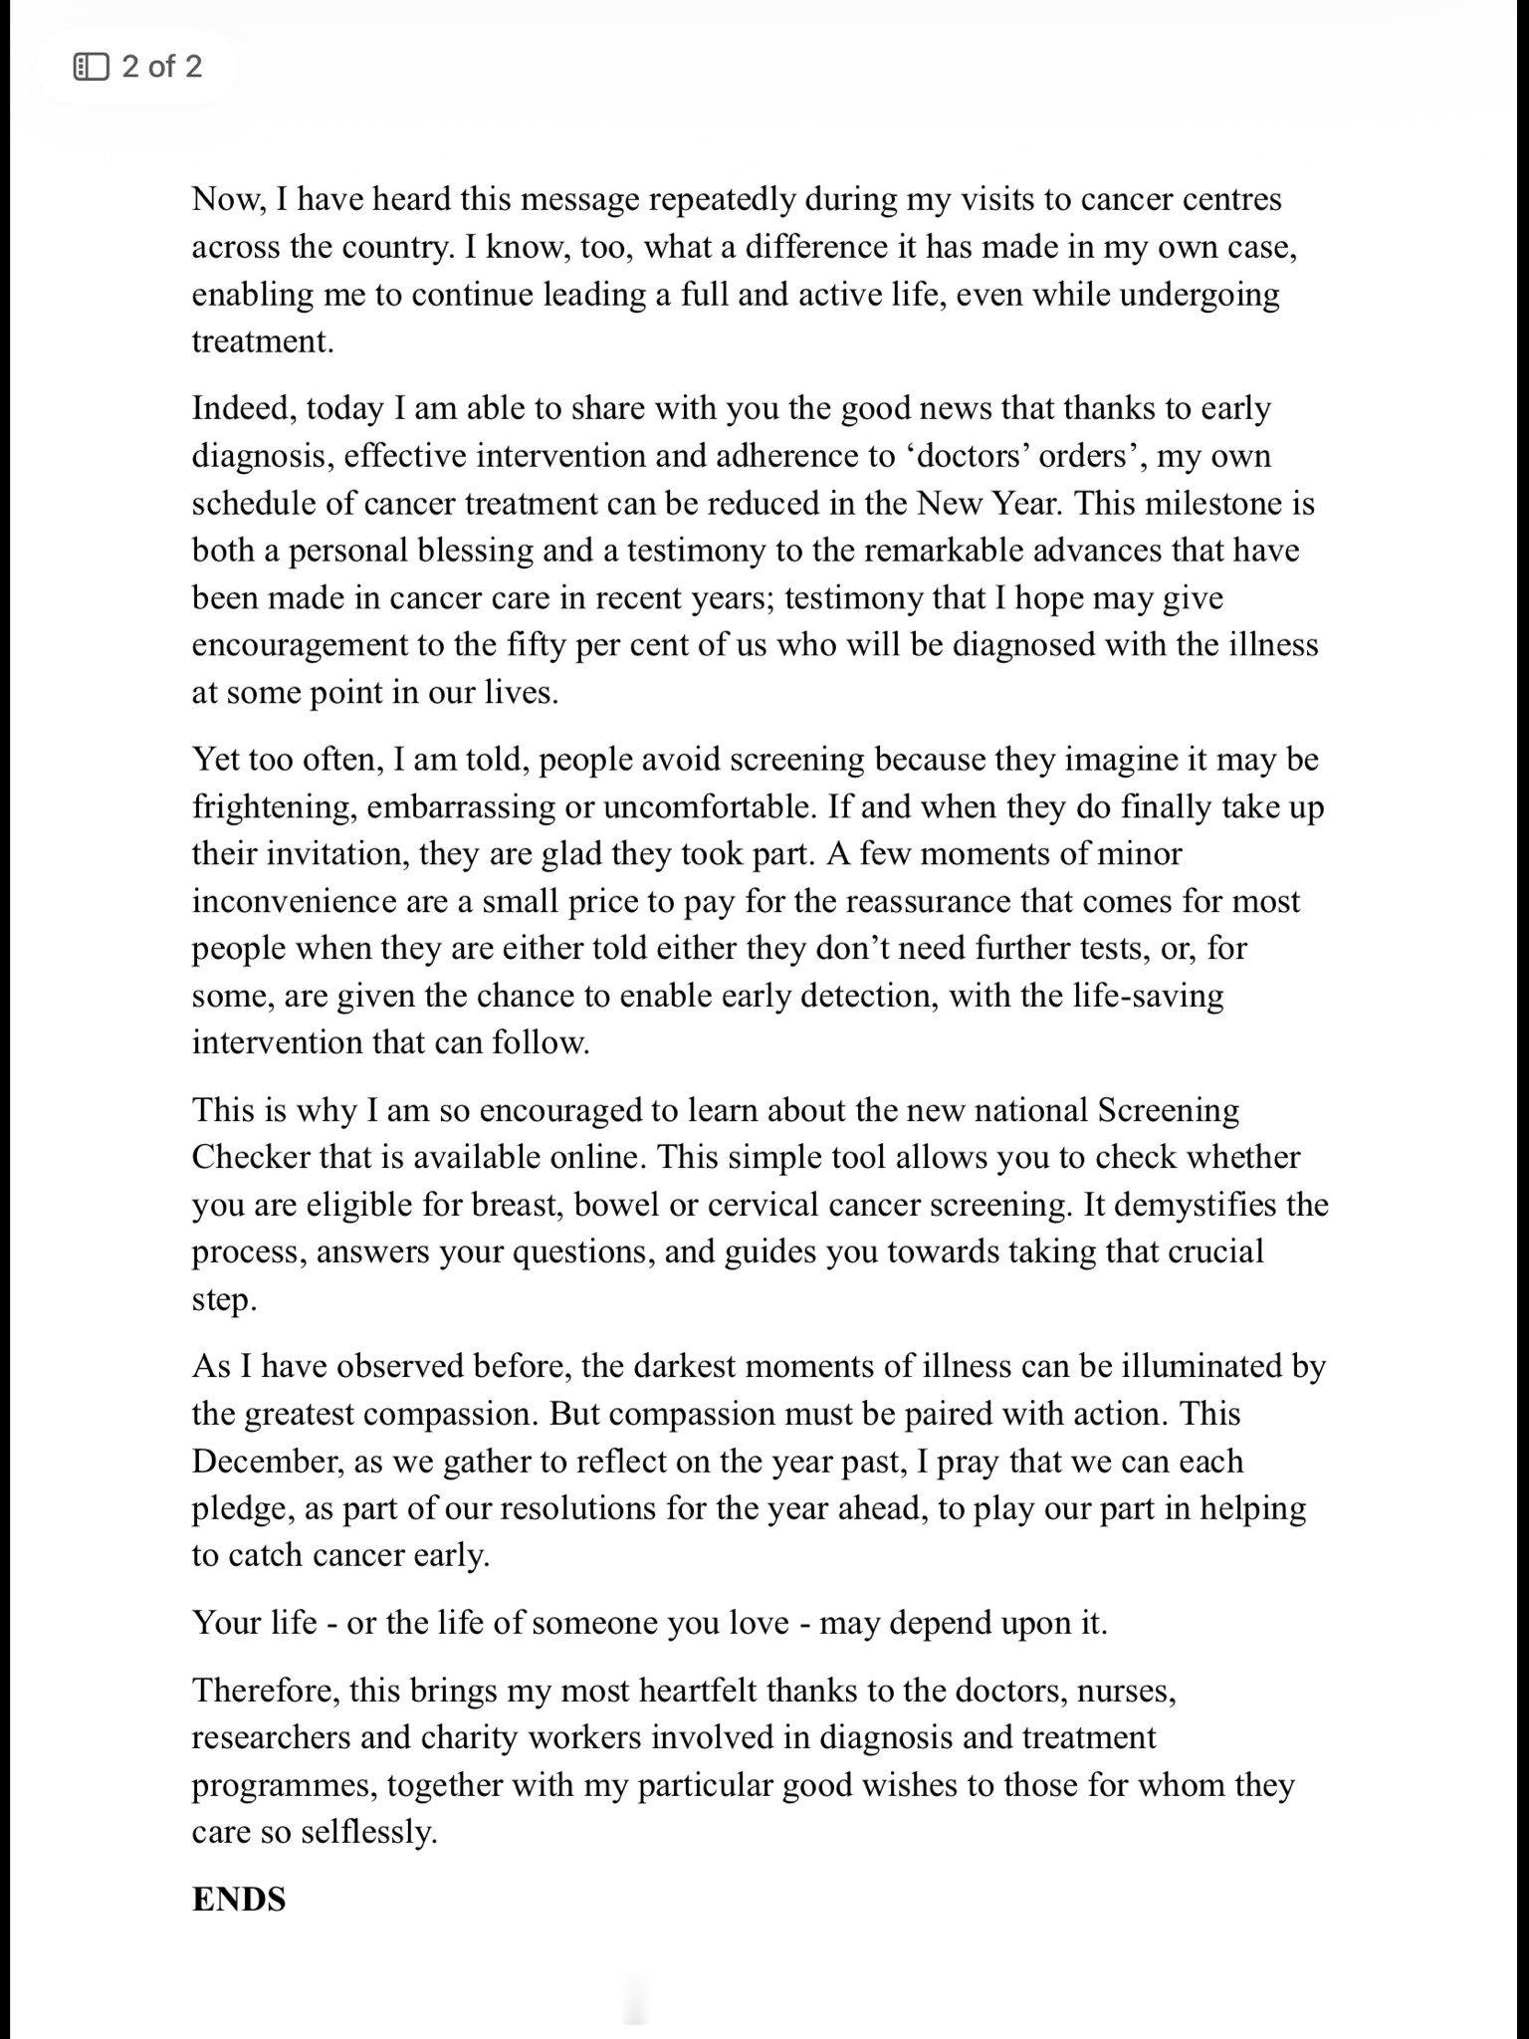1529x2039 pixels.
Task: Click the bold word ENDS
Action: pyautogui.click(x=239, y=1899)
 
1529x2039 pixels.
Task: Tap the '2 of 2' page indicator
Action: pyautogui.click(x=161, y=67)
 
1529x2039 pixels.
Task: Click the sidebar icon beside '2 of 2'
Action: pyautogui.click(x=91, y=67)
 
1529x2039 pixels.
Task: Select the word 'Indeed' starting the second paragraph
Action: pyautogui.click(x=243, y=409)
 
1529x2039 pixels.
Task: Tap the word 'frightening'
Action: pyautogui.click(x=274, y=806)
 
